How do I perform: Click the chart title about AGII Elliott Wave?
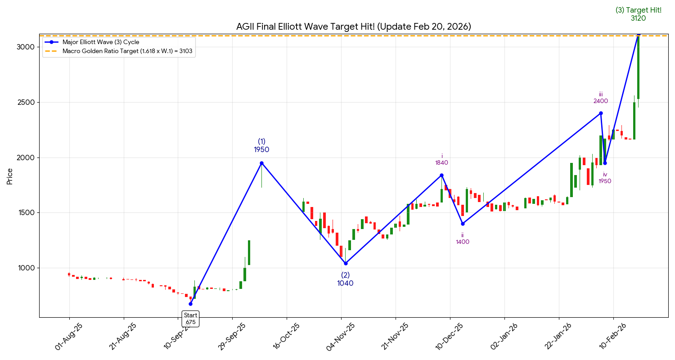click(353, 27)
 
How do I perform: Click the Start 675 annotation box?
click(190, 319)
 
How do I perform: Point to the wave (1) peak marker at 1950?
click(261, 163)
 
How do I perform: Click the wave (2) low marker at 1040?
click(345, 263)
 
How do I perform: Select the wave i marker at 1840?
click(441, 175)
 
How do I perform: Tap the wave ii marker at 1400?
click(463, 224)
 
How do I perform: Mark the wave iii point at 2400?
click(601, 113)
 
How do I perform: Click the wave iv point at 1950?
click(605, 163)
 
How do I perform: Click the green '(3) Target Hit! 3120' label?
click(638, 14)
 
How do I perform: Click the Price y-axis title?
click(9, 176)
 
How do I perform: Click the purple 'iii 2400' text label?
click(601, 98)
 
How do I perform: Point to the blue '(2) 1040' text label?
click(345, 279)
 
